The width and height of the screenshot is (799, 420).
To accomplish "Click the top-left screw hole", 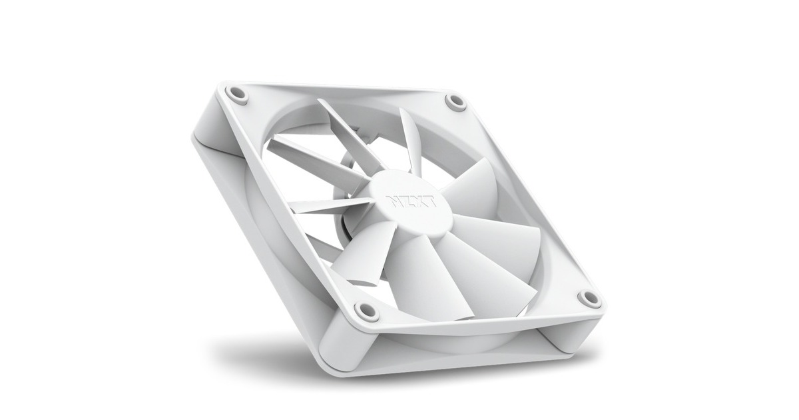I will [x=236, y=93].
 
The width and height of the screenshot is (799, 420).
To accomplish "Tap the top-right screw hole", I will [x=455, y=102].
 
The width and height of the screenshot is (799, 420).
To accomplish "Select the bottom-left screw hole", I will [x=367, y=310].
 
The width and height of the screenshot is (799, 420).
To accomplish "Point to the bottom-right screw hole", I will [x=589, y=298].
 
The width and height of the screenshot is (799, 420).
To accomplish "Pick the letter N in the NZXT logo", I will [x=392, y=199].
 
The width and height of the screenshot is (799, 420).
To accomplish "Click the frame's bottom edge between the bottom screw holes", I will [x=479, y=319].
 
